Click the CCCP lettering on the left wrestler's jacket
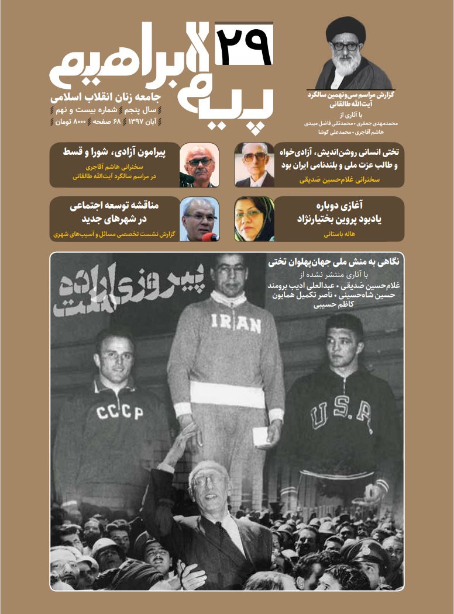120,413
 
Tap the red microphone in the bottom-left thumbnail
209,237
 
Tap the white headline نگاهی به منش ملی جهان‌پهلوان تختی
331,262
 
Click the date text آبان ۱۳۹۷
140,122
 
